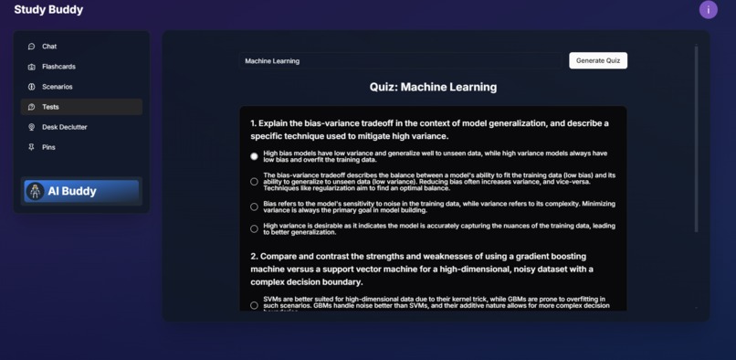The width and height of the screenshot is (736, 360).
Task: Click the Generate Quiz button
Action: click(598, 60)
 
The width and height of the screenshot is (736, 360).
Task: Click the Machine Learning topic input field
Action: click(402, 61)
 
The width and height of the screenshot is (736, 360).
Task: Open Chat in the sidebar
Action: click(49, 47)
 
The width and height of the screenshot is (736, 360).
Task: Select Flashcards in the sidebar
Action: click(58, 67)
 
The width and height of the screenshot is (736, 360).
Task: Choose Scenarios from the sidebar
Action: click(57, 87)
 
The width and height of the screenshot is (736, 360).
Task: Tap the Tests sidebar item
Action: click(50, 107)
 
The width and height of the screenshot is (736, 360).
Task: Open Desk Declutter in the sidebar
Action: click(64, 127)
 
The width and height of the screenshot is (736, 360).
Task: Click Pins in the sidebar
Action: click(48, 147)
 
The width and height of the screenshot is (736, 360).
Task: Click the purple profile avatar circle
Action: click(708, 10)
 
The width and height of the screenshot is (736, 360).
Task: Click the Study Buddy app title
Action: click(48, 10)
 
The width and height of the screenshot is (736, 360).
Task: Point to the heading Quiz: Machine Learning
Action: click(433, 87)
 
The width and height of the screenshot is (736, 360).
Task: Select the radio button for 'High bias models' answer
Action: click(254, 156)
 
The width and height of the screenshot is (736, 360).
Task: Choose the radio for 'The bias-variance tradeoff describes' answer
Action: click(254, 181)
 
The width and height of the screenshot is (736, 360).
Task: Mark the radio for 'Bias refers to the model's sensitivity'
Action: click(254, 206)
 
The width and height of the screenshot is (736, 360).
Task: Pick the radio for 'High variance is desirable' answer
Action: click(254, 228)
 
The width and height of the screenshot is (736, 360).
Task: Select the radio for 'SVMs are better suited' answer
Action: click(254, 305)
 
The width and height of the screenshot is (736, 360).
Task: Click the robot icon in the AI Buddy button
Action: click(35, 191)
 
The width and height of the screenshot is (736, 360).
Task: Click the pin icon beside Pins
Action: click(31, 147)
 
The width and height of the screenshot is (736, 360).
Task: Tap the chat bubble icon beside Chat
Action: click(31, 47)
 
